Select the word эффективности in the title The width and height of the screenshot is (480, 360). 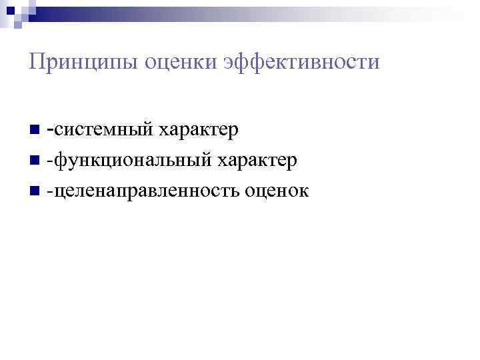click(302, 63)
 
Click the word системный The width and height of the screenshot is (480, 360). click(103, 129)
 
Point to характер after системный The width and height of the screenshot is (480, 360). click(198, 129)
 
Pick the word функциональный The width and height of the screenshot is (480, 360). click(133, 160)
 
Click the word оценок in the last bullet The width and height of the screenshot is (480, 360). click(276, 191)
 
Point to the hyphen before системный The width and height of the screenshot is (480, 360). click(51, 127)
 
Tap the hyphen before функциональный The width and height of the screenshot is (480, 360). click(49, 161)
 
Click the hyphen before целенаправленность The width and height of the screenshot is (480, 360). click(49, 192)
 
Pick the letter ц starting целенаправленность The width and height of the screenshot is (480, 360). click(59, 192)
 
